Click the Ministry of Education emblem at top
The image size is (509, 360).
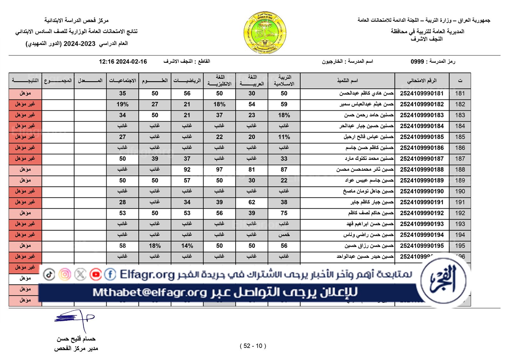coord(265,33)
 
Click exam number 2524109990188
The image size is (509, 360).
coord(422,170)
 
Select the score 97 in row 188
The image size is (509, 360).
coord(219,170)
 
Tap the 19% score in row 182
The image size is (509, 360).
coord(122,104)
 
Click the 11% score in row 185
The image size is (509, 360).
coord(284,137)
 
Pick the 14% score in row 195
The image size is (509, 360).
coord(187,246)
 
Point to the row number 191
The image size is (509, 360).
coord(460,202)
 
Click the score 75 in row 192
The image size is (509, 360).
coord(284,213)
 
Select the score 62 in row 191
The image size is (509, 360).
coord(252,202)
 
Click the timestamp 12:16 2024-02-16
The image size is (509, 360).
coord(123,62)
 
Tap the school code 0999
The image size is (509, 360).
coord(417,61)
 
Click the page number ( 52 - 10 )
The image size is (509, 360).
coord(253,346)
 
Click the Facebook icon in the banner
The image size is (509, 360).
coord(110,274)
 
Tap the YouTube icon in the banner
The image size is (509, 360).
coord(95,274)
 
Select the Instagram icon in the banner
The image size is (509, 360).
coord(65,274)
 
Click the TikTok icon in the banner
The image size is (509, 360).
coord(49,274)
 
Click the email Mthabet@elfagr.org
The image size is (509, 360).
coord(150,292)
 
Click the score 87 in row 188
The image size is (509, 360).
coord(284,170)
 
